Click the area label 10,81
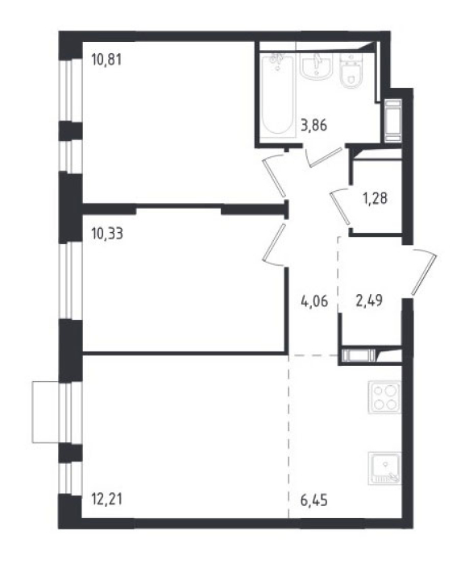click(x=106, y=60)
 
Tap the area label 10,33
click(x=107, y=234)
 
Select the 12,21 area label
click(x=107, y=500)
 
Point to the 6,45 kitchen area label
click(x=314, y=500)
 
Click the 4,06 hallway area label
click(x=314, y=301)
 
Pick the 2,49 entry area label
click(x=369, y=300)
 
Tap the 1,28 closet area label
click(x=375, y=198)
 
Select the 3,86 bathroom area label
click(x=314, y=126)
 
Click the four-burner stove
click(x=384, y=397)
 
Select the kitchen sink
click(x=384, y=468)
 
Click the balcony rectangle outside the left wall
click(x=45, y=412)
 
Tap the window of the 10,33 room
click(x=70, y=281)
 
